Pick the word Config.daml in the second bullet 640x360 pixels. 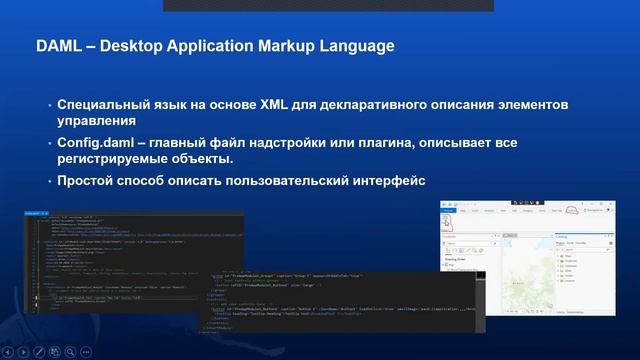pos(93,143)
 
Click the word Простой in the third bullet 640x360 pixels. pos(85,181)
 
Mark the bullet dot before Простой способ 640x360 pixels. pos(48,181)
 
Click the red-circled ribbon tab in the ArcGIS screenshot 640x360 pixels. pos(572,210)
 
